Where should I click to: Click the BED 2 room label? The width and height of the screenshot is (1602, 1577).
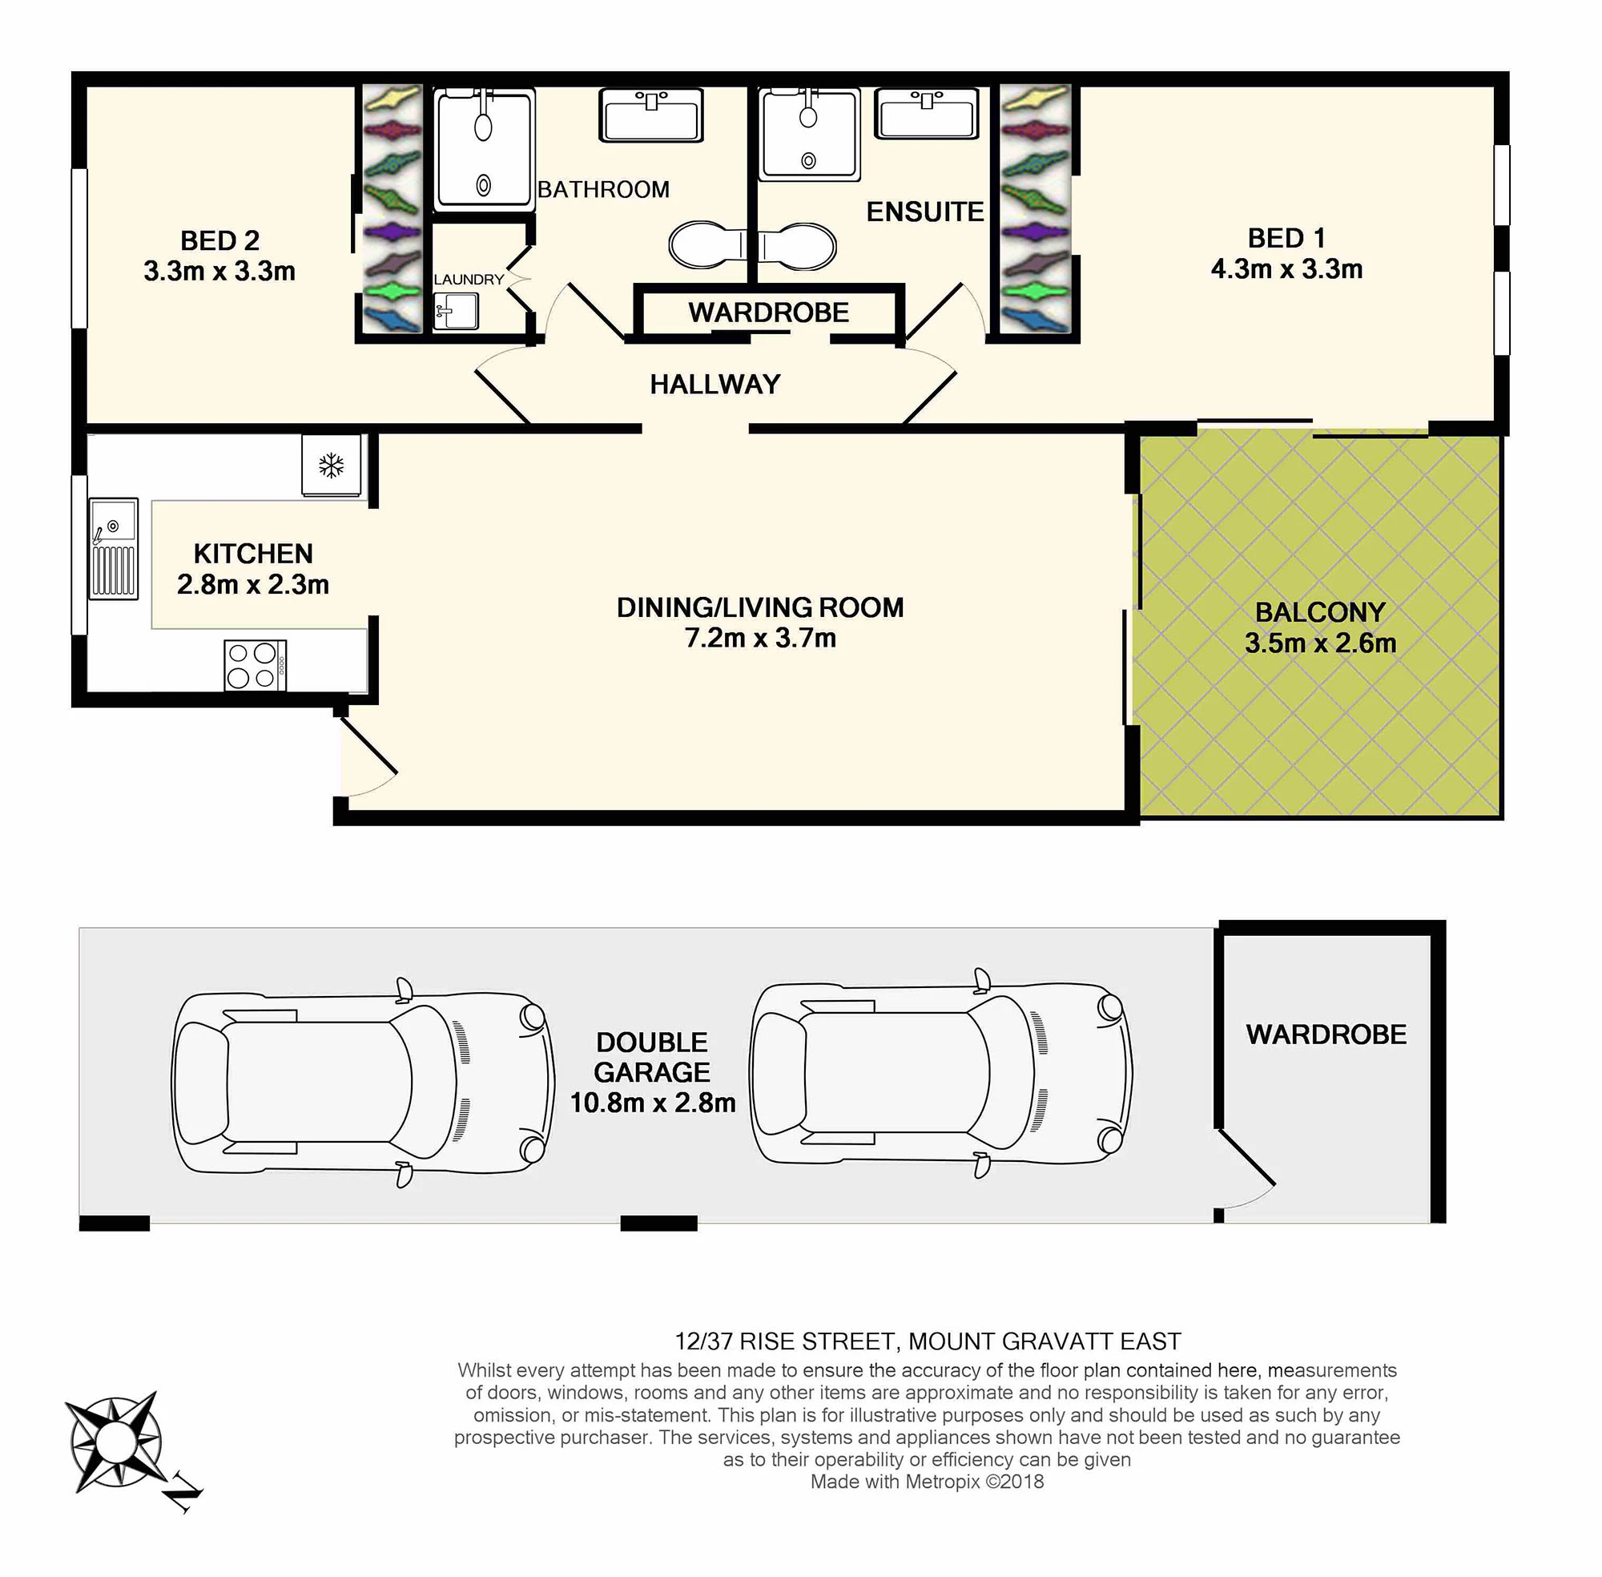click(220, 241)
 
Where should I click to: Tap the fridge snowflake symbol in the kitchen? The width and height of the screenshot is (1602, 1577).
click(331, 466)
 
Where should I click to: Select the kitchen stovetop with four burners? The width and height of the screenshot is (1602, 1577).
click(255, 665)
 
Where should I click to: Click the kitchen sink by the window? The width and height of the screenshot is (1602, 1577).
click(114, 548)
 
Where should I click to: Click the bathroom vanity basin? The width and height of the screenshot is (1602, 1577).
click(650, 115)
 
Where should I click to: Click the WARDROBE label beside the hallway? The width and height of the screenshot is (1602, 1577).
click(768, 313)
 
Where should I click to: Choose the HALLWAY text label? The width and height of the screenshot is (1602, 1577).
click(715, 385)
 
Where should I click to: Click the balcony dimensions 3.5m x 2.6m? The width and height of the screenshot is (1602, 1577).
click(1321, 643)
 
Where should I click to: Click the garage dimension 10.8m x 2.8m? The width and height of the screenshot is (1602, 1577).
click(652, 1103)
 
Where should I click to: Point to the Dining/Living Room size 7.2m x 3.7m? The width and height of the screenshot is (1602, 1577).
click(760, 638)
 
